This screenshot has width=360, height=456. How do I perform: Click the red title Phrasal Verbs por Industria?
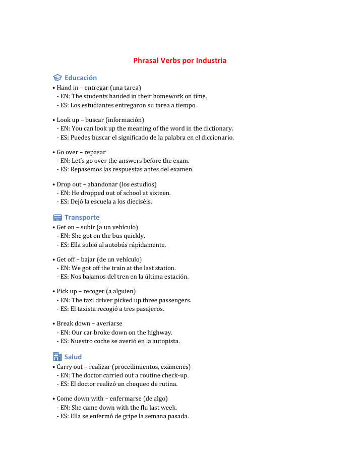point(179,60)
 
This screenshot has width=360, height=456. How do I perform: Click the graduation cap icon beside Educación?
point(57,78)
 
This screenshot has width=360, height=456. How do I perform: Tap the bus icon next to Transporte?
point(57,218)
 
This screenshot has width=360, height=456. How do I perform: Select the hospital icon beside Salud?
point(57,357)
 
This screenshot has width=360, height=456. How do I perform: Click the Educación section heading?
point(81,78)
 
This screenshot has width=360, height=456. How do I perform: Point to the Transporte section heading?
point(82,218)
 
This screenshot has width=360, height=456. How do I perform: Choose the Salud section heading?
point(73,357)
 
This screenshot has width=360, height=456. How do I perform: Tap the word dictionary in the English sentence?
point(217,128)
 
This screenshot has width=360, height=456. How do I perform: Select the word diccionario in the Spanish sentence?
point(218,138)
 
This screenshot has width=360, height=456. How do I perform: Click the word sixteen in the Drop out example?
point(160,193)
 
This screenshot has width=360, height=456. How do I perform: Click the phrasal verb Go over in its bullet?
point(68,152)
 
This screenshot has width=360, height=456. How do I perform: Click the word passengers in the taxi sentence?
point(173,300)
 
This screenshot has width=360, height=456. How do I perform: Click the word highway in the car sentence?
point(160,333)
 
